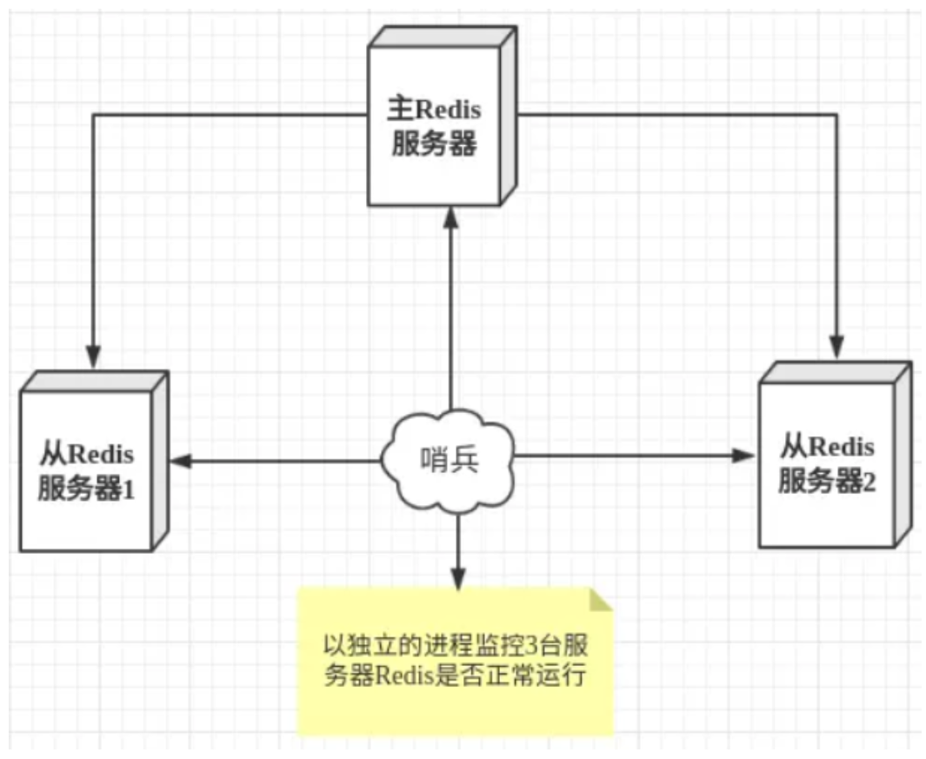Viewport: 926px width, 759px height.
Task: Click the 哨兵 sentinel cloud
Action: tap(448, 461)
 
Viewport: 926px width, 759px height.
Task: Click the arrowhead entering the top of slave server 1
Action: tap(92, 355)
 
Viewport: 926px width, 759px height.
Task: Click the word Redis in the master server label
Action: tap(449, 110)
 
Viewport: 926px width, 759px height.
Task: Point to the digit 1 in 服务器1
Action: tap(129, 491)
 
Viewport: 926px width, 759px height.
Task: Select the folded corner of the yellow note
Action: tap(600, 600)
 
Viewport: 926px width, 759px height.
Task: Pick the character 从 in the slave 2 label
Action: tap(792, 446)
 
